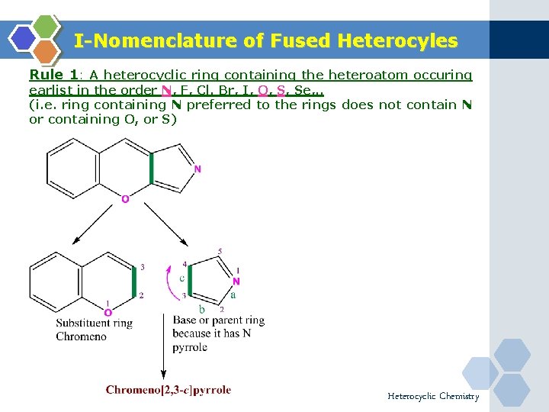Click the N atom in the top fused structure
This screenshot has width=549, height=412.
coord(198,169)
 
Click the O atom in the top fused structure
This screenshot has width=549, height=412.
coord(125,199)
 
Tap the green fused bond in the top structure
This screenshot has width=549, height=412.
coord(152,169)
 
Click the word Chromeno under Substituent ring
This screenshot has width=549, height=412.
coord(81,336)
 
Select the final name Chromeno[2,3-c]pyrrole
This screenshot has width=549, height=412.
coord(169,390)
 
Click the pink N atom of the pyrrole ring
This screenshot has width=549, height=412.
coord(236,281)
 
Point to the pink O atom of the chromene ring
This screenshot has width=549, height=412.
coord(108,312)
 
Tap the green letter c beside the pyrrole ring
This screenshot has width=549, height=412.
coord(181,278)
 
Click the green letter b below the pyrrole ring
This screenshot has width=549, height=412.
coord(201,308)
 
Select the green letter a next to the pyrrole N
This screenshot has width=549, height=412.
coord(233,294)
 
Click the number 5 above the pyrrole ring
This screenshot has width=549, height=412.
coord(220,251)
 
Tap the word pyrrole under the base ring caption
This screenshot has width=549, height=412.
coord(190,347)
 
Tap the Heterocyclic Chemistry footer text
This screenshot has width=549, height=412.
coord(433,396)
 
